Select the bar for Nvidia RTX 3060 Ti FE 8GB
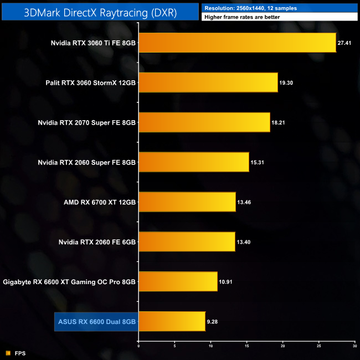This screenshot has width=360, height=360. pyautogui.click(x=237, y=42)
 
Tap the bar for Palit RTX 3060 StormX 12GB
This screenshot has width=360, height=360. pyautogui.click(x=208, y=82)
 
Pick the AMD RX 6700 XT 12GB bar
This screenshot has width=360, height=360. pyautogui.click(x=187, y=202)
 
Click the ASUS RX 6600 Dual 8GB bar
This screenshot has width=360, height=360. pyautogui.click(x=172, y=321)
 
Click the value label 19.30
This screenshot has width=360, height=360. pyautogui.click(x=286, y=82)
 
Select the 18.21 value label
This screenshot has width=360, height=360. pyautogui.click(x=279, y=122)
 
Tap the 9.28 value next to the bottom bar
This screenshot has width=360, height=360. pyautogui.click(x=213, y=321)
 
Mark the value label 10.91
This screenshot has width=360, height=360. pyautogui.click(x=226, y=281)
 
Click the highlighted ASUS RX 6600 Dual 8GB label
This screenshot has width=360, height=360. pyautogui.click(x=96, y=321)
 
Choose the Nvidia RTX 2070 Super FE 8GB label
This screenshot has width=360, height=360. pyautogui.click(x=87, y=122)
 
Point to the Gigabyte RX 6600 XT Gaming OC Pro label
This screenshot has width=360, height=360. pyautogui.click(x=69, y=281)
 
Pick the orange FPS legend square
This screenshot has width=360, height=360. pyautogui.click(x=8, y=353)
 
